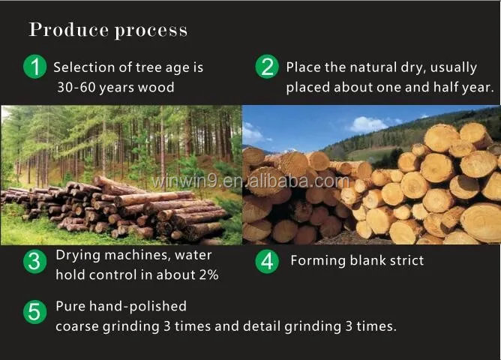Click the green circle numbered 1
coord(35,67)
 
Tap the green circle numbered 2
coord(267,67)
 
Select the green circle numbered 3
coord(35,262)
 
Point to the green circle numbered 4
coord(267,262)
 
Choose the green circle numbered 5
coord(35,312)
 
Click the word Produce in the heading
coord(69,30)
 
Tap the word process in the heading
coord(151,31)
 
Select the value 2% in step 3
coord(209,274)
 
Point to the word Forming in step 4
coord(318,261)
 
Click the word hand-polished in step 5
coord(138,307)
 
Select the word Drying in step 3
coord(78,256)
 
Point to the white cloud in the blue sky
coord(367,124)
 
